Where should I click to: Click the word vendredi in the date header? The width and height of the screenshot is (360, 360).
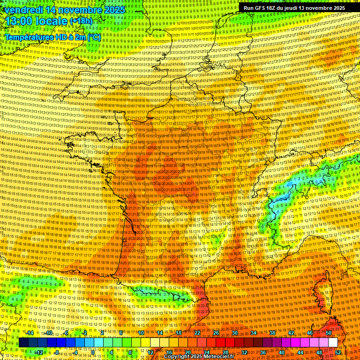coord(22,9)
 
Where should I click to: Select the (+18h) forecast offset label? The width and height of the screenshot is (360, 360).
coord(81,21)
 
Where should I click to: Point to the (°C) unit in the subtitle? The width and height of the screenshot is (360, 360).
coord(93,37)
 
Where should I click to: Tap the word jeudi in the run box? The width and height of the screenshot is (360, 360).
coord(295,8)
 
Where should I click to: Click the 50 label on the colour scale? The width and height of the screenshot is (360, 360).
coord(328,333)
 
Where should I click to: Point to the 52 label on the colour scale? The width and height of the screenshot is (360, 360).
coord(338,352)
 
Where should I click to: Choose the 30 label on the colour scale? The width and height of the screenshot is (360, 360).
coord(234,333)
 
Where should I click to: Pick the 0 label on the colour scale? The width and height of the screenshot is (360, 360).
coord(93,352)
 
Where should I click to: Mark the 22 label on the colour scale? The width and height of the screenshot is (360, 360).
coord(197,333)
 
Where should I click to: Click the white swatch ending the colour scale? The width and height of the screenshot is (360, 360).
coord(333,343)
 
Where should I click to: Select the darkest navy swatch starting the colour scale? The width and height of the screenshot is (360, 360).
coord(23,343)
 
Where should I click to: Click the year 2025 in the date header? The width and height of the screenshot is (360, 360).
coord(113,9)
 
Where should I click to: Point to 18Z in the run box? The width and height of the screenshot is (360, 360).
coord(271,8)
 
